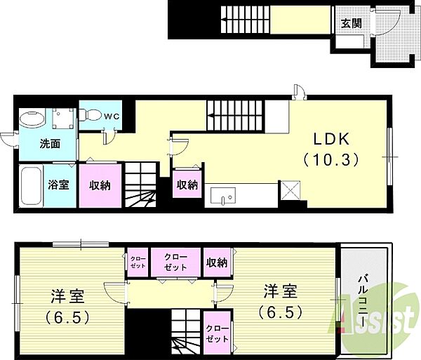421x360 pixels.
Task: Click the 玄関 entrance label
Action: click(x=351, y=24)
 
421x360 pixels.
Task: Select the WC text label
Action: click(x=112, y=116)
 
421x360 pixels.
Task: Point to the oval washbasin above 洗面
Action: click(x=32, y=119)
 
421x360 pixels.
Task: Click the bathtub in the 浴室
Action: click(x=31, y=186)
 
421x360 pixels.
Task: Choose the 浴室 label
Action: click(x=58, y=185)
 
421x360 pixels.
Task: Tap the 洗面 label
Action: click(x=50, y=144)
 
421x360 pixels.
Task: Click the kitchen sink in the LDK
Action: click(x=223, y=195)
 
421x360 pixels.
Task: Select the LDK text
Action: click(x=332, y=139)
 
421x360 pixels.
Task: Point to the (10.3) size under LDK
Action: click(x=331, y=160)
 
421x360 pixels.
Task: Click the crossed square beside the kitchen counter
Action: click(x=290, y=190)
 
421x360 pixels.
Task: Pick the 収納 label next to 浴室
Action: click(x=100, y=185)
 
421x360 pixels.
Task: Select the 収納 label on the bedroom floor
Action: click(x=217, y=262)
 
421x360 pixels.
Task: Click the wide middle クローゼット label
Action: click(x=175, y=262)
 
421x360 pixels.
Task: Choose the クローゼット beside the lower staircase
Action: click(x=218, y=333)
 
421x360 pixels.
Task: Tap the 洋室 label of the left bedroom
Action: click(x=67, y=296)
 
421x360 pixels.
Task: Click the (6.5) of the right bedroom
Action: click(x=281, y=312)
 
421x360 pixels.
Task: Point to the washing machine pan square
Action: click(x=63, y=119)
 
